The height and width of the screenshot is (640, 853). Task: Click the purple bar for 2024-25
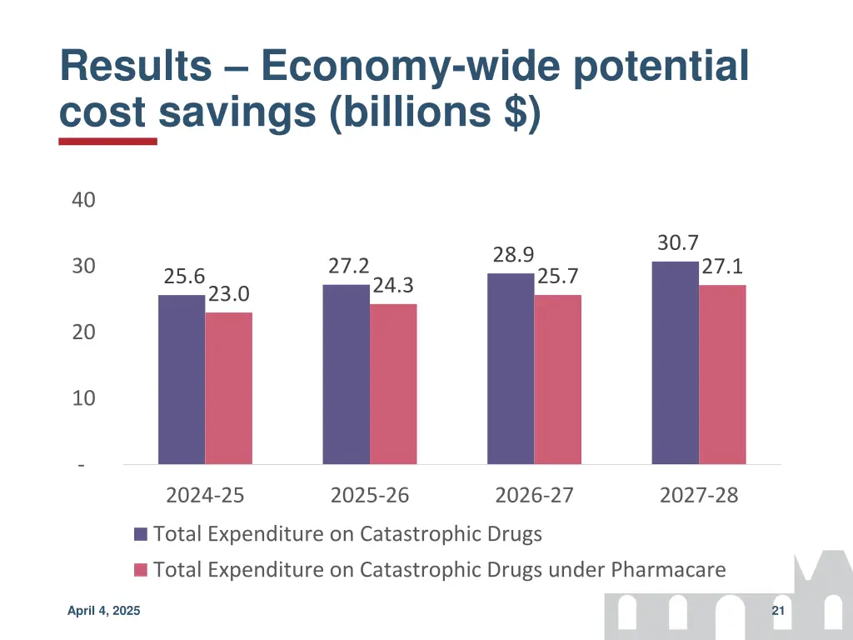click(182, 379)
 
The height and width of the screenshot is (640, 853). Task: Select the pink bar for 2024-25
click(229, 388)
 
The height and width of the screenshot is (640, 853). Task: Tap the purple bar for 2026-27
click(511, 368)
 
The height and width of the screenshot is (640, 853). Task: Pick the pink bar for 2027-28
click(722, 374)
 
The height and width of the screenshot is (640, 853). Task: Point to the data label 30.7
click(677, 243)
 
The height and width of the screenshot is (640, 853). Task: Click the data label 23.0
click(228, 295)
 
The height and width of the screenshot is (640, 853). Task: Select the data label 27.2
click(348, 266)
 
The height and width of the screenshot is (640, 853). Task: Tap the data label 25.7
click(558, 276)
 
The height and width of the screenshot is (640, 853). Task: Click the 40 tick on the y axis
click(83, 200)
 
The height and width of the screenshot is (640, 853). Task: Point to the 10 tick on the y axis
click(83, 398)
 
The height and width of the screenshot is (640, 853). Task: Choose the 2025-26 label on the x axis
click(370, 495)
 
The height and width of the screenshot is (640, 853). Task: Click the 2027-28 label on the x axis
click(699, 495)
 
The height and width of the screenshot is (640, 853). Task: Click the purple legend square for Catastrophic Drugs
click(141, 534)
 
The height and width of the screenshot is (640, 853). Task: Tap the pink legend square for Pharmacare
click(141, 570)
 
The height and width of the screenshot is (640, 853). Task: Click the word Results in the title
click(135, 67)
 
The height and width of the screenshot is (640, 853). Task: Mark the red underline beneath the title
click(107, 142)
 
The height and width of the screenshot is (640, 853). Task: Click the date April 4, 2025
click(104, 612)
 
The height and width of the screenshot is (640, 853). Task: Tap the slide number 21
click(779, 612)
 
